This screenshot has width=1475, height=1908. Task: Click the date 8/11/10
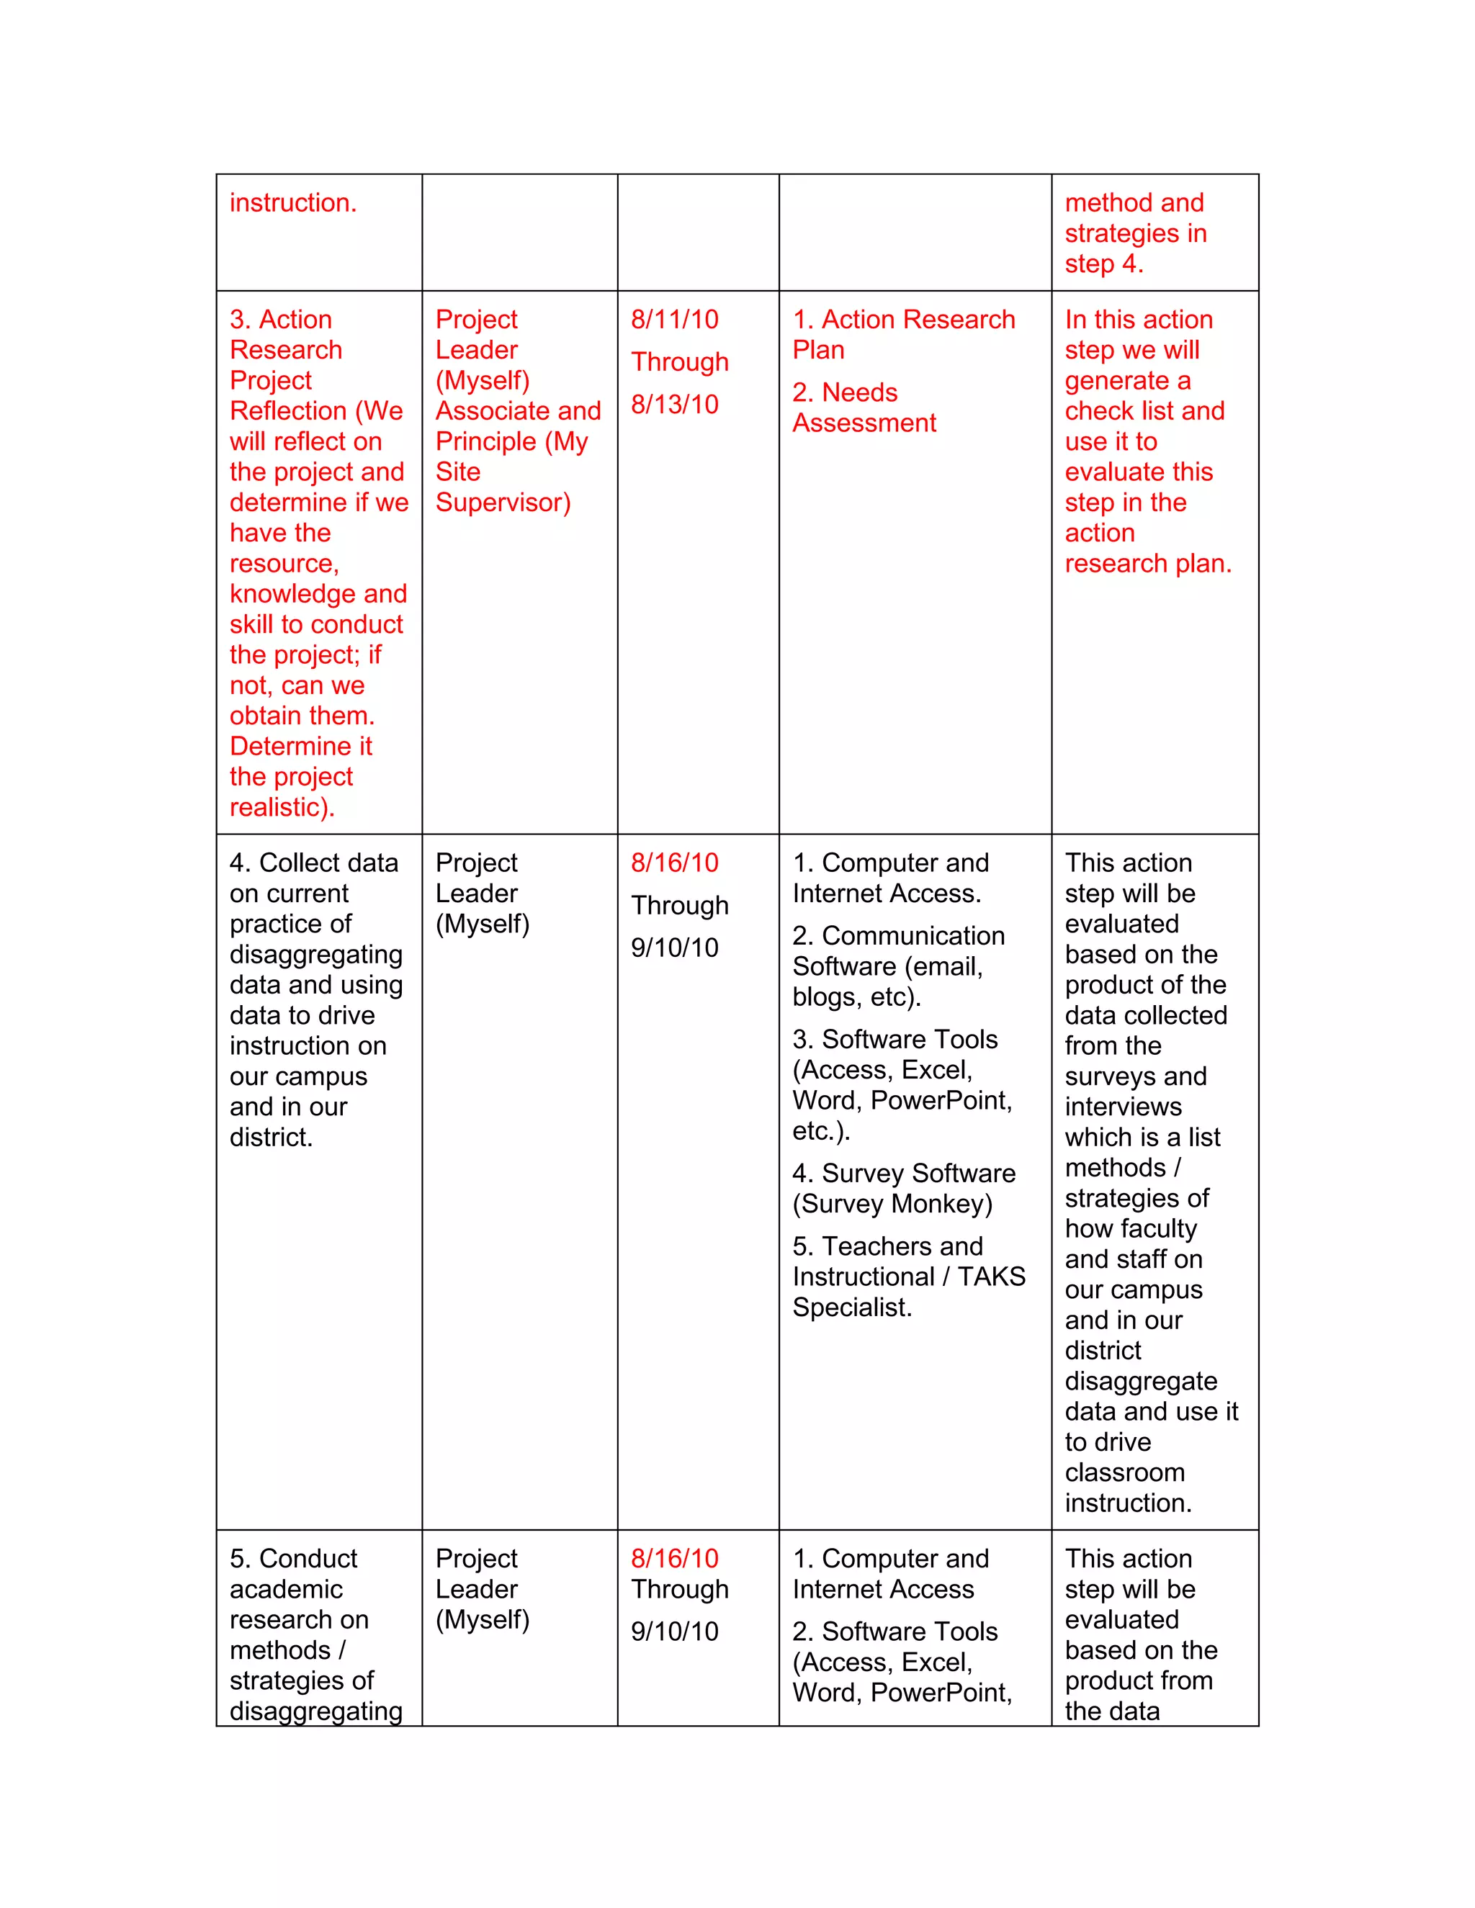tap(675, 319)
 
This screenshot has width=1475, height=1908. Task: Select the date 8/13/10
tap(675, 405)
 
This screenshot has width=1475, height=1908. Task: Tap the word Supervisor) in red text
tap(503, 503)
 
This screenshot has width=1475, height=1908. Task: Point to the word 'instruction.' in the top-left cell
tap(292, 203)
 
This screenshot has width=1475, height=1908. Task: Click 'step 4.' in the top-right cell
tap(1103, 263)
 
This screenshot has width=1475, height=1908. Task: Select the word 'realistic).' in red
tap(282, 807)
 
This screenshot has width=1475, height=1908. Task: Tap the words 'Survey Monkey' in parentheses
tap(892, 1204)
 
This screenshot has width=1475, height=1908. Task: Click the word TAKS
tap(991, 1277)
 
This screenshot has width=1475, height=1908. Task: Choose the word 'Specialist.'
tap(852, 1307)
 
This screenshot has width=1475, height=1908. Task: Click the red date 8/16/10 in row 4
tap(675, 863)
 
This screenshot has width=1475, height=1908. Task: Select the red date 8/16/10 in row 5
tap(675, 1559)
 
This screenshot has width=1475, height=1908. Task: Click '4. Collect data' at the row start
tap(314, 863)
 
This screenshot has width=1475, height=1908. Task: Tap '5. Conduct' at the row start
tap(294, 1559)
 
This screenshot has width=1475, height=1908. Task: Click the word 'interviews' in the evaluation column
tap(1123, 1107)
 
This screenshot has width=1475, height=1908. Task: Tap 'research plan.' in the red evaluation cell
tap(1147, 564)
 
